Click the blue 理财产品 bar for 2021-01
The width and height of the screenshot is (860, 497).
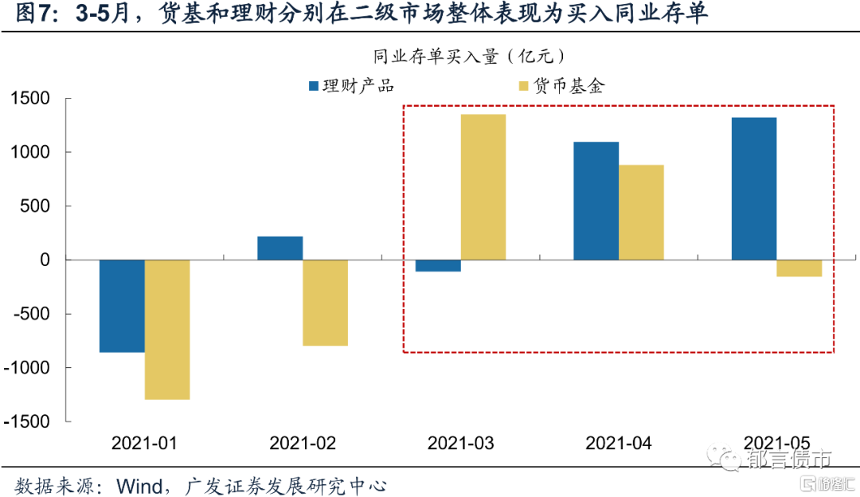coord(122,306)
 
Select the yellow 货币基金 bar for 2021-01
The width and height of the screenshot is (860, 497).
coord(167,329)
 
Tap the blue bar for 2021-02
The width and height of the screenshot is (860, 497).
coord(280,248)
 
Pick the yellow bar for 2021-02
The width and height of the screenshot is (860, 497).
coord(326,303)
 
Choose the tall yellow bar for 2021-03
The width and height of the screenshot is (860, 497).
coord(483,187)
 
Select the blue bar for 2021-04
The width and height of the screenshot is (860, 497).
coord(596,201)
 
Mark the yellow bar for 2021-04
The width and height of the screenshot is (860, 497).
coord(641,212)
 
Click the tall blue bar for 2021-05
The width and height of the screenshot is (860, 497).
coord(754,189)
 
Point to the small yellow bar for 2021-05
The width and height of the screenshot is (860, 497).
coord(799,268)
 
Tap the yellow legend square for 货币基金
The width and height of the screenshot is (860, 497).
coord(523,85)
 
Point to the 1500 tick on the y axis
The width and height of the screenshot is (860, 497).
coord(29,99)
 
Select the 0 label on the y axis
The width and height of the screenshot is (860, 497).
coord(45,260)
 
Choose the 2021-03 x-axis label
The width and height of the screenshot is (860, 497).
coord(460,443)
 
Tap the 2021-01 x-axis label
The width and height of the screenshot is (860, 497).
coord(144,443)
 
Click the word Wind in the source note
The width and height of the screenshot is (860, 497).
coord(141,483)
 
